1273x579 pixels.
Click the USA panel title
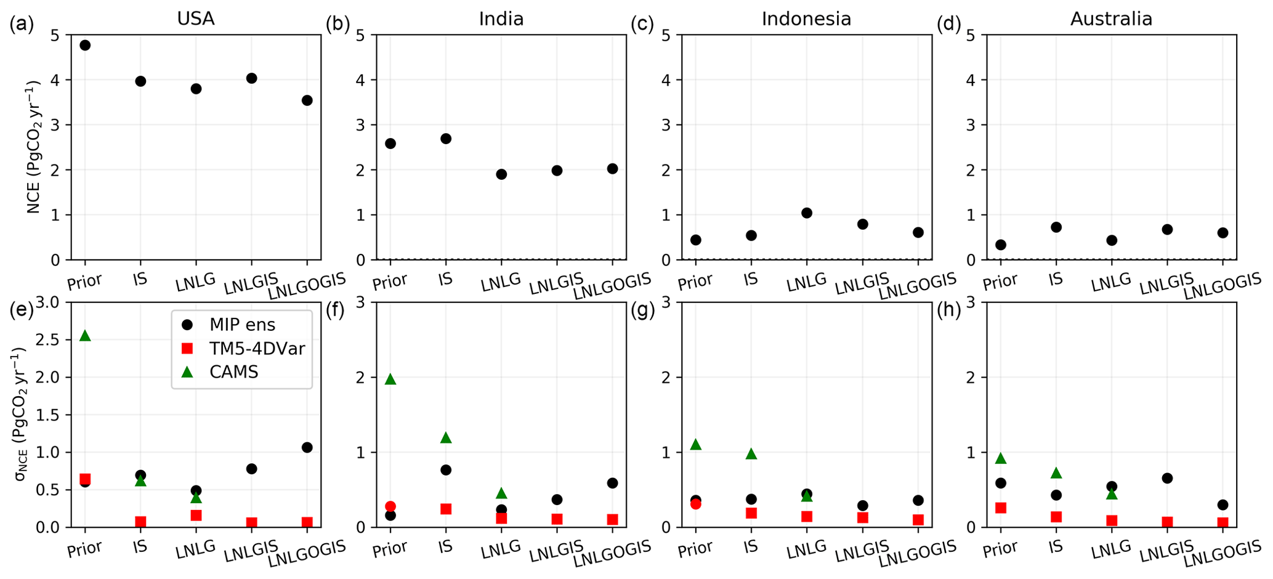point(196,19)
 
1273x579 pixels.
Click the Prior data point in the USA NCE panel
point(85,45)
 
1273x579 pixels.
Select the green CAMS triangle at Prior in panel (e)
point(85,336)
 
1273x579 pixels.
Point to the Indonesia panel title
point(806,19)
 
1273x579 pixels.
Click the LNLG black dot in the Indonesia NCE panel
point(807,213)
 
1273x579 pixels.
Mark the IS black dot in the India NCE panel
point(446,139)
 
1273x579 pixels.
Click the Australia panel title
point(1111,19)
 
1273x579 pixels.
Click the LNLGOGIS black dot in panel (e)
point(307,447)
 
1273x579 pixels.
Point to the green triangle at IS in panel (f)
point(446,438)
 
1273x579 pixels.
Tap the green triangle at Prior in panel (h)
point(1001,458)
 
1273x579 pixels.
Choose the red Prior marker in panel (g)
point(695,504)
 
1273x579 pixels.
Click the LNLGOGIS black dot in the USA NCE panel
point(307,100)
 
